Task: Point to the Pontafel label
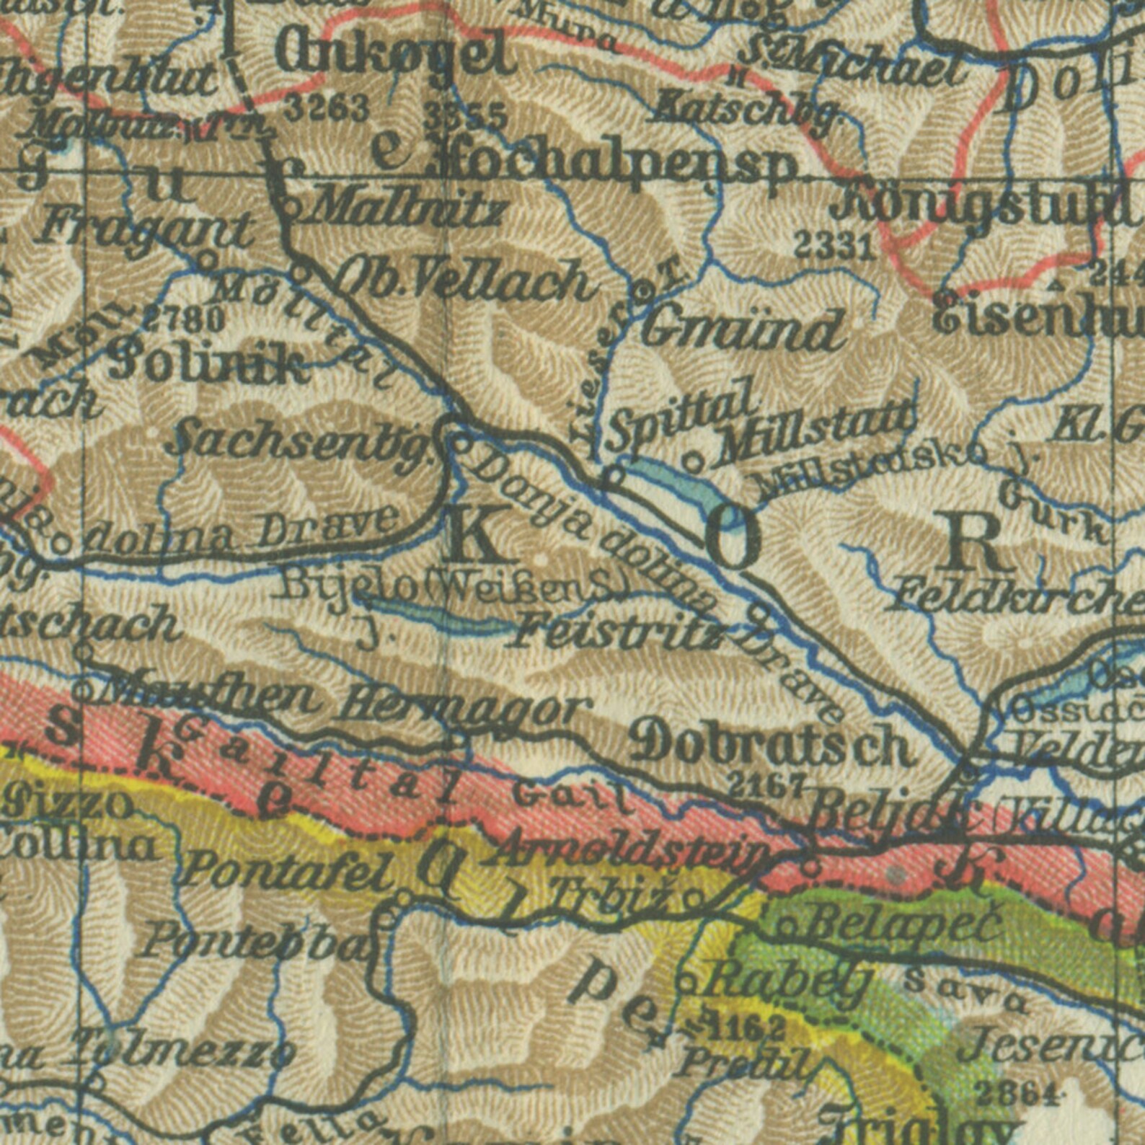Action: [x=288, y=870]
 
